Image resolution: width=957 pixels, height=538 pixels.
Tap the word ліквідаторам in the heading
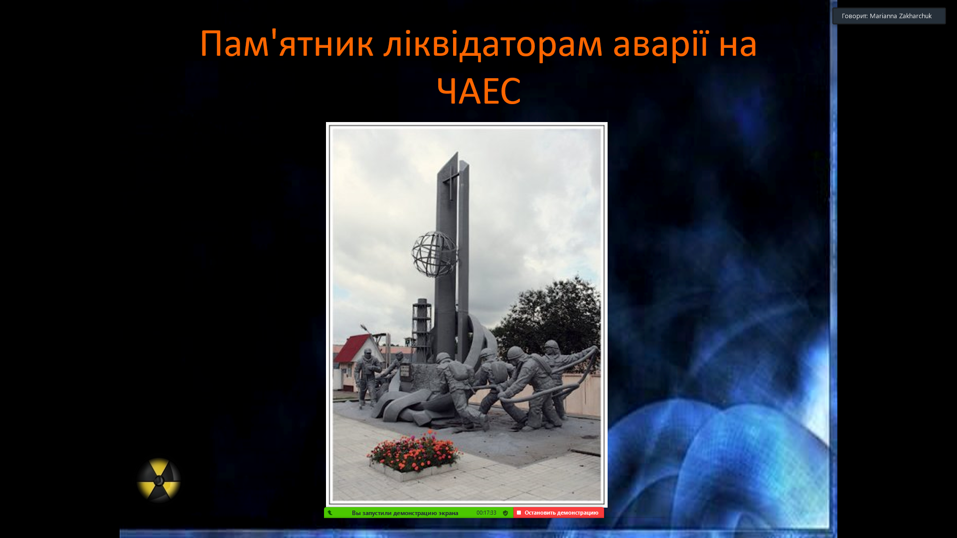(x=493, y=44)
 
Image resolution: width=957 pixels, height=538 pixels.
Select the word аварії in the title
(x=660, y=44)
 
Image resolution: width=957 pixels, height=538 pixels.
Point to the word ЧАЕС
(x=478, y=91)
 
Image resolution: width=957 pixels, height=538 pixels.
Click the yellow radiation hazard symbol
(x=159, y=480)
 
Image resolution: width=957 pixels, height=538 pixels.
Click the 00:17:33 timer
(x=486, y=513)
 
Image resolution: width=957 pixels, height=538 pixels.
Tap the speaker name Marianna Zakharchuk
(x=901, y=16)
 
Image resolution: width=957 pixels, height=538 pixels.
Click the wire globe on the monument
(x=435, y=254)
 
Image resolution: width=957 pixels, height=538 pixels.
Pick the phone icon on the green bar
(x=330, y=513)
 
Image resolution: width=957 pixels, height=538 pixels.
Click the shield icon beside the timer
(x=505, y=513)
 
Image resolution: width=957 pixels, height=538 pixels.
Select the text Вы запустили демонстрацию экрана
(x=405, y=513)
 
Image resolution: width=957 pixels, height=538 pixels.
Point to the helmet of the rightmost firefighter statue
(x=551, y=345)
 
